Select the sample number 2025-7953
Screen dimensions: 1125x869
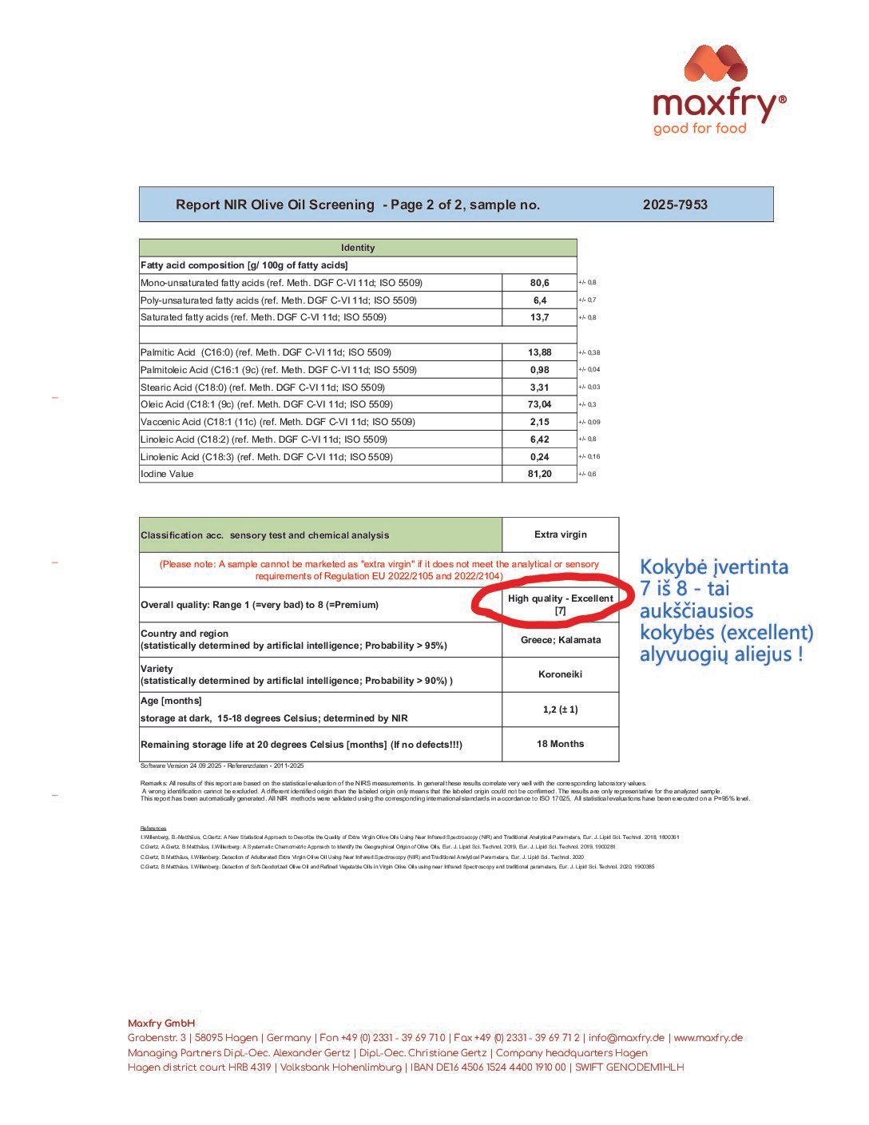point(675,205)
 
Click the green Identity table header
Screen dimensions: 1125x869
point(358,248)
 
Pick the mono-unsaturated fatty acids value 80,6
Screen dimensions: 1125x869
point(540,283)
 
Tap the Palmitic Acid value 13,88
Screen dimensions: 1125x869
point(540,352)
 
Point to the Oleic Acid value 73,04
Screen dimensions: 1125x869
point(540,404)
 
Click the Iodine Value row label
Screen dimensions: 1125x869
point(167,474)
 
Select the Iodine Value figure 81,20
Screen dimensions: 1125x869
point(540,474)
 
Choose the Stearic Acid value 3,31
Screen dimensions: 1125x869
point(540,388)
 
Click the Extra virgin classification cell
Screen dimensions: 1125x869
point(560,535)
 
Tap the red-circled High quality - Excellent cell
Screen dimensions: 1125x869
point(560,604)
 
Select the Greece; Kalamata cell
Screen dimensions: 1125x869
point(560,639)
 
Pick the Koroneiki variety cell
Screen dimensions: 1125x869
point(560,674)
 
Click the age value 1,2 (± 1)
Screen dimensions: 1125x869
point(560,710)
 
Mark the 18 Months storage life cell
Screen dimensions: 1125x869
point(560,744)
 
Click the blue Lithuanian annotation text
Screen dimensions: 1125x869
point(725,610)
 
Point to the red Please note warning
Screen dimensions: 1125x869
point(379,570)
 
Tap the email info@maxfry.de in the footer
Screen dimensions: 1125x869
point(626,1038)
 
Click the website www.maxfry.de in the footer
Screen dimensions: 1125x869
point(708,1038)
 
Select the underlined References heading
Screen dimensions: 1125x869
point(153,828)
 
